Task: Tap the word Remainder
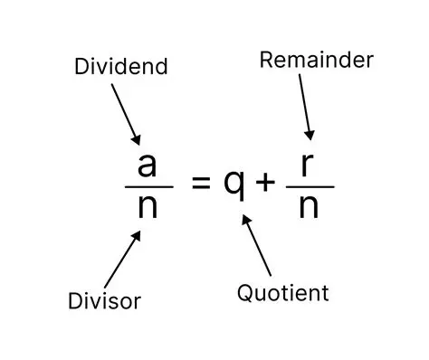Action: [316, 60]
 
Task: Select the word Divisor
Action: [105, 299]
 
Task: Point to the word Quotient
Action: [282, 293]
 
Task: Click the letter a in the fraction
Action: [148, 166]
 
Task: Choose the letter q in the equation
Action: [234, 185]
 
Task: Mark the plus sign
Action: [265, 183]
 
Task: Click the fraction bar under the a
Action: [148, 186]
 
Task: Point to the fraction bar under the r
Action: [310, 186]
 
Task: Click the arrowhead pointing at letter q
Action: [246, 218]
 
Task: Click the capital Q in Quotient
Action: [245, 293]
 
